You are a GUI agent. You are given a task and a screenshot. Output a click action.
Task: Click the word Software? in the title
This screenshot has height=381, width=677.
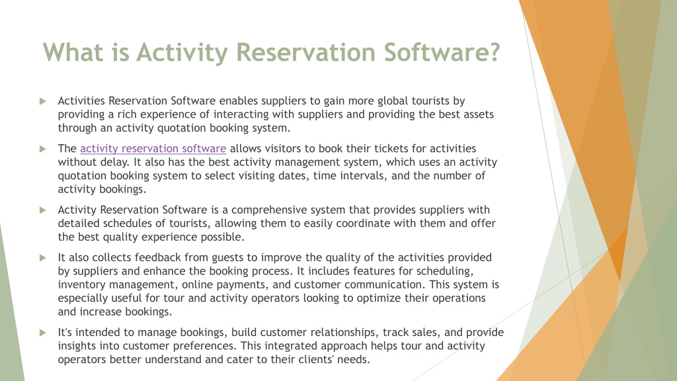[442, 52]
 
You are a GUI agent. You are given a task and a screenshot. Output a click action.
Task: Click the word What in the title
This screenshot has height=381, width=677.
[73, 52]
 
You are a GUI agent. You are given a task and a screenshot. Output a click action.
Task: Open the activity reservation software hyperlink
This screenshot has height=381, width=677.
[153, 149]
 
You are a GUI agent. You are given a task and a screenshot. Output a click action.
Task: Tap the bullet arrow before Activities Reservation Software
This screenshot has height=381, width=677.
[43, 101]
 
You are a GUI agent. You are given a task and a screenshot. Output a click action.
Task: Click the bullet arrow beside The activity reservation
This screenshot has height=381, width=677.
[43, 149]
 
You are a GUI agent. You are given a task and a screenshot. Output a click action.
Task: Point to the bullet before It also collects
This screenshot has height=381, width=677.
[43, 258]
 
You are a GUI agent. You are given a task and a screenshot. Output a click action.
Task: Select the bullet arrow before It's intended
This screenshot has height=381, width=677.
[43, 333]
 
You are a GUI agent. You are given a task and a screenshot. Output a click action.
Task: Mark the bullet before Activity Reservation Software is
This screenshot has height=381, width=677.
[43, 210]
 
